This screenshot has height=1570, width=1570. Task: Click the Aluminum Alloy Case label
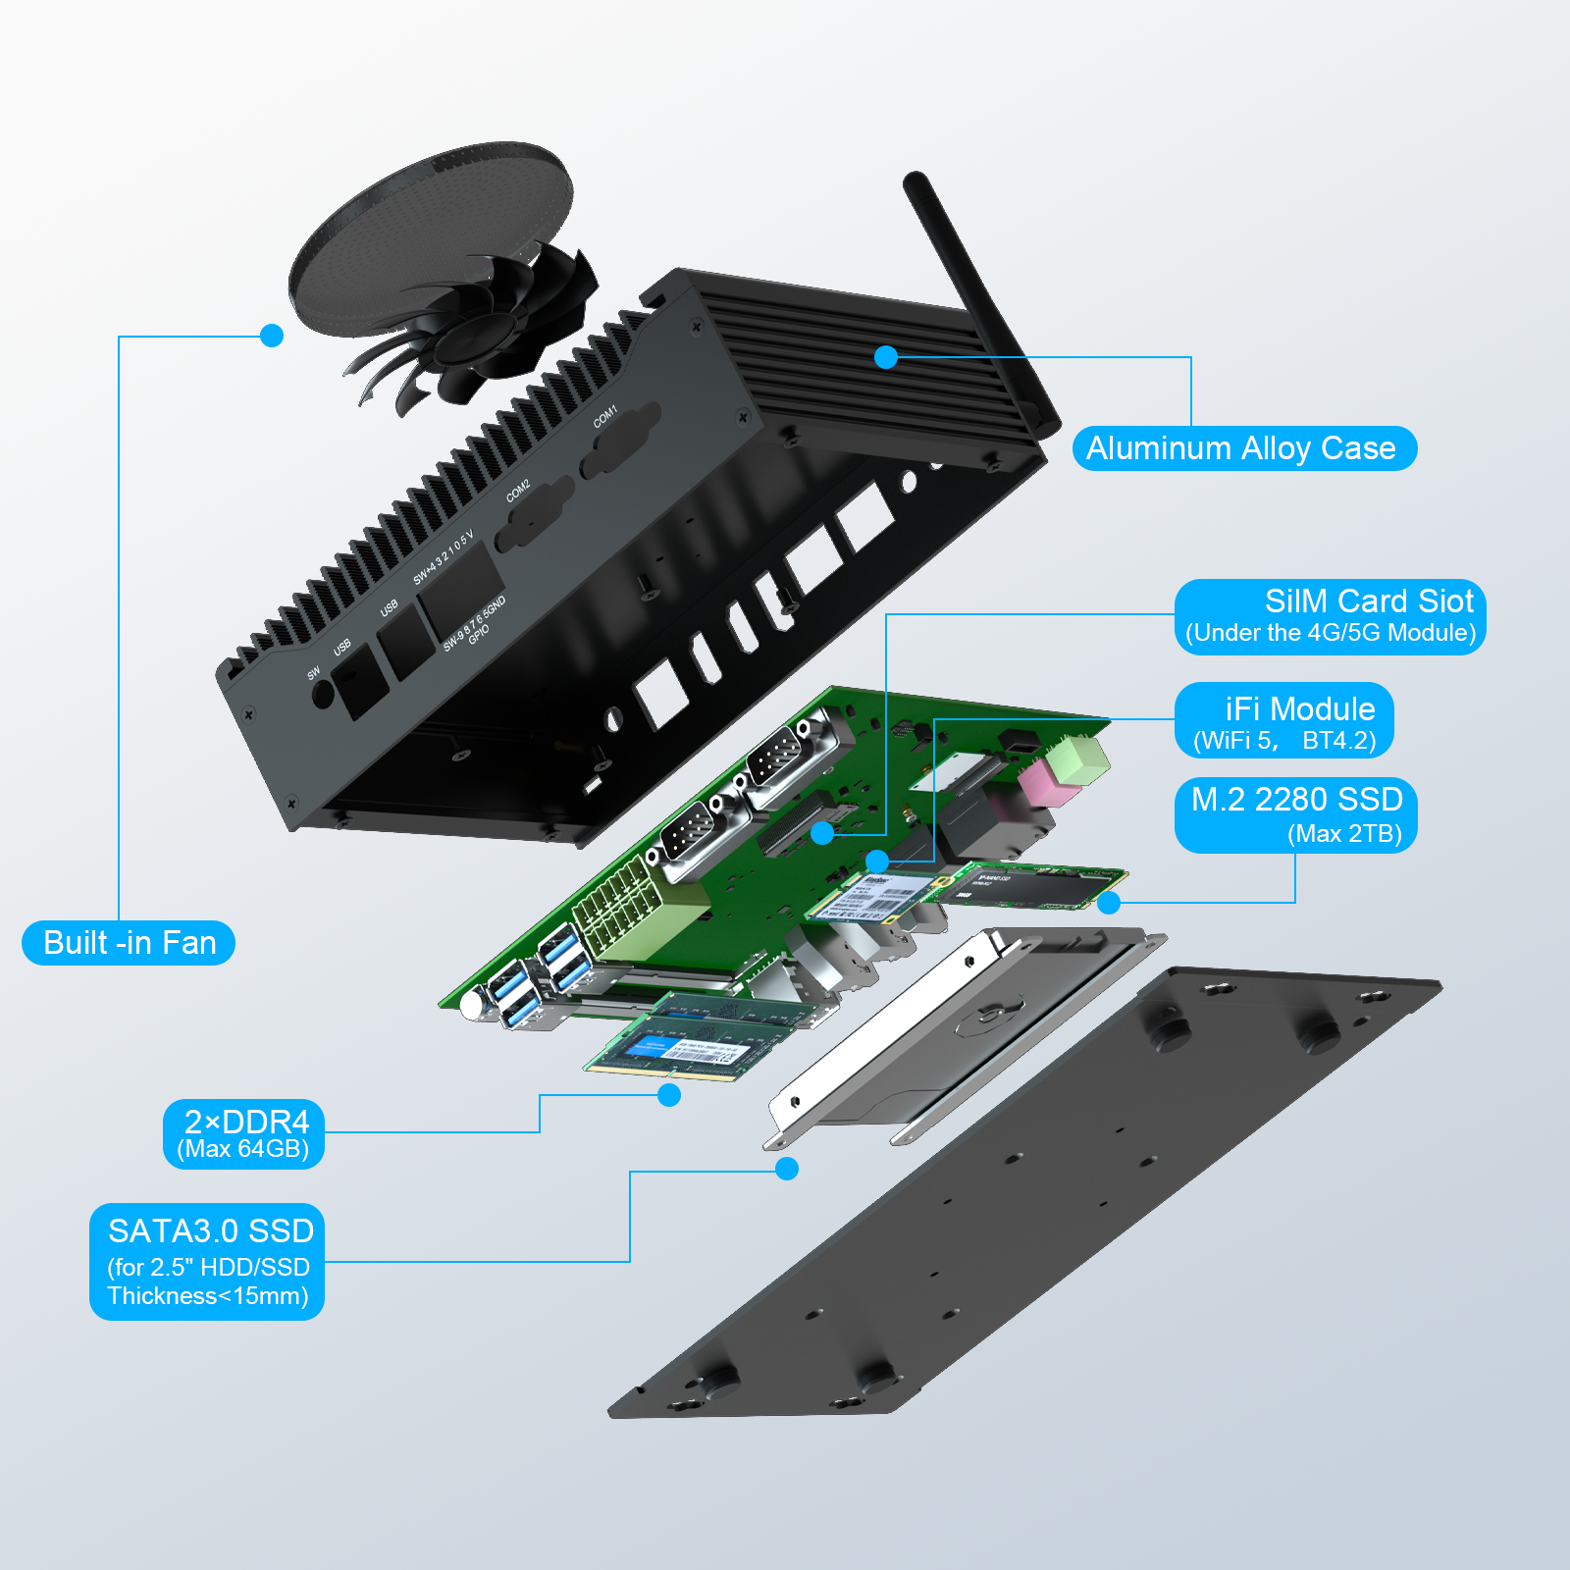(x=1243, y=448)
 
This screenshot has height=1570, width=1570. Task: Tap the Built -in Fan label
(x=129, y=943)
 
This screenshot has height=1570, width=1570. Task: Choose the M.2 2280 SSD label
(x=1295, y=815)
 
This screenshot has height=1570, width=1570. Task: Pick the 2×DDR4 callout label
(x=243, y=1133)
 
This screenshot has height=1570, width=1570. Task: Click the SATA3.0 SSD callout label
(x=207, y=1261)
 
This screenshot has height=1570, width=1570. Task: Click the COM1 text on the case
(x=605, y=416)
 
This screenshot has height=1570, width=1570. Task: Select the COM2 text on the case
(x=518, y=491)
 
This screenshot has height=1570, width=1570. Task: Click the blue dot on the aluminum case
(x=886, y=357)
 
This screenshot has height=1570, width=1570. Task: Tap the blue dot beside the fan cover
(x=272, y=336)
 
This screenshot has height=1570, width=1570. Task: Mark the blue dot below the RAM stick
(x=669, y=1095)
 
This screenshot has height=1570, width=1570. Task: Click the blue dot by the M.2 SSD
(x=1109, y=903)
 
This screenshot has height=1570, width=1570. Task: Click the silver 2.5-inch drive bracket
(x=962, y=1040)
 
